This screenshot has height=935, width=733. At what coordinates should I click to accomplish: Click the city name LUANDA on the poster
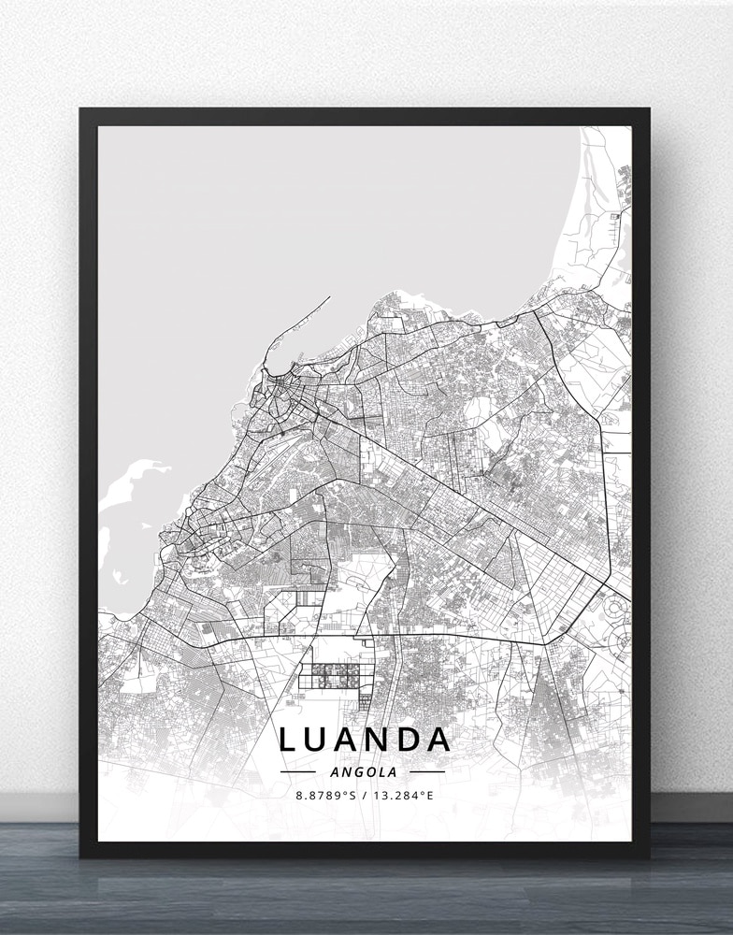point(366,740)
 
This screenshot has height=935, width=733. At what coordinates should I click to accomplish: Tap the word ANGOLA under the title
point(364,772)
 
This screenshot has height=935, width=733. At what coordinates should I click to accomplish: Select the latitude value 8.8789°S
point(324,796)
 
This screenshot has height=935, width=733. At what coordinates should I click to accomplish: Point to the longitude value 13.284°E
point(403,796)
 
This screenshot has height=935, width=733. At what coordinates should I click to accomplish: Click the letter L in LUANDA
point(289,740)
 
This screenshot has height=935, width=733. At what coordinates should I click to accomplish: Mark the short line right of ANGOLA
point(427,772)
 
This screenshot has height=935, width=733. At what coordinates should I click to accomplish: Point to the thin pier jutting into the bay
point(314,309)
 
